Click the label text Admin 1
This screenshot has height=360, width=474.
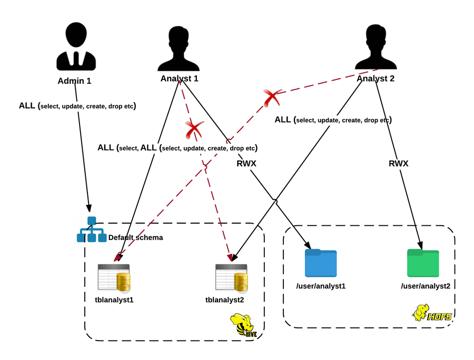point(74,82)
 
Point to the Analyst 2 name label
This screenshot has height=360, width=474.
point(376,79)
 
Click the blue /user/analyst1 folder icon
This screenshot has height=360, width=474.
point(321,263)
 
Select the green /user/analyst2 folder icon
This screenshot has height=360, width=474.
point(423,263)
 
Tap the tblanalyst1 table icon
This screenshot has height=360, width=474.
point(114,278)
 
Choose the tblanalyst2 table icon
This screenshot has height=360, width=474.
point(231,278)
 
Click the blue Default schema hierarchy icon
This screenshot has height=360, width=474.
point(92,230)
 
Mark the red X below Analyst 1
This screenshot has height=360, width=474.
point(194,128)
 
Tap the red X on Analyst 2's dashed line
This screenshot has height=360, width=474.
point(272,97)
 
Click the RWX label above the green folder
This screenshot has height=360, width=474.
point(399,164)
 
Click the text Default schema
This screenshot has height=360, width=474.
point(135,238)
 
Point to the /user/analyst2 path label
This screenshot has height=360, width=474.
point(425,286)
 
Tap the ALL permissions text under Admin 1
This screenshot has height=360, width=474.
point(77,106)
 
